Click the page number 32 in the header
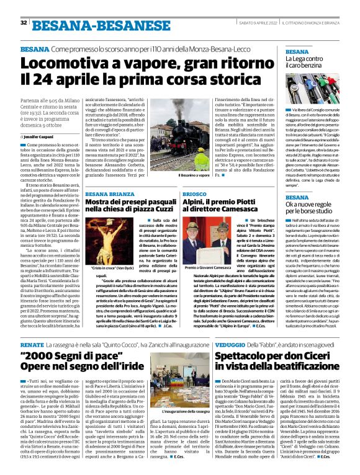coord(24,22)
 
